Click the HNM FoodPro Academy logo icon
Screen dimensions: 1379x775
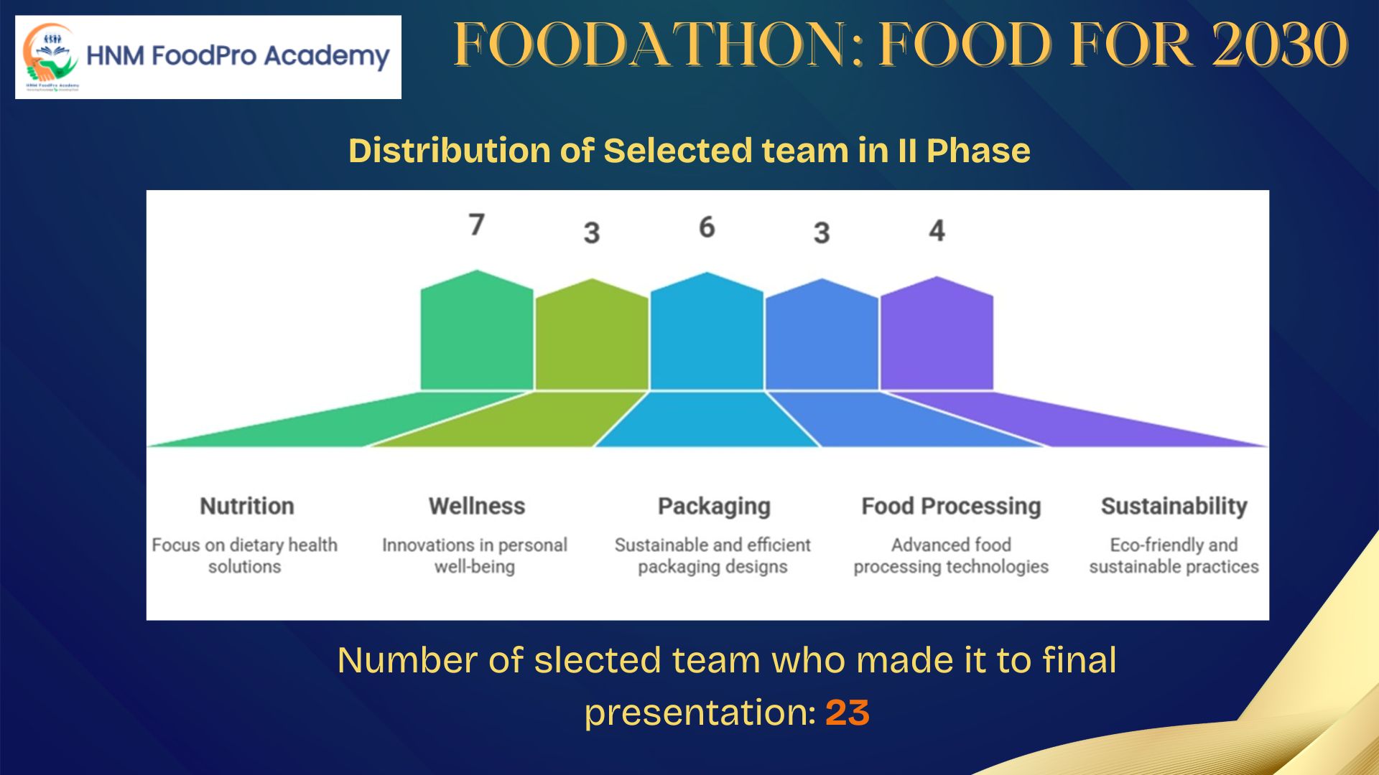[x=50, y=56]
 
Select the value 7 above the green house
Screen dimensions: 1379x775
[x=477, y=225]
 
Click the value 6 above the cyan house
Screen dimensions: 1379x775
[x=707, y=227]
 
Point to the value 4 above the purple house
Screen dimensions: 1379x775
[x=937, y=230]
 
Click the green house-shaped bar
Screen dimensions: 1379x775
[x=477, y=330]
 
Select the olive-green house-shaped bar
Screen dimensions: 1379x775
[x=592, y=334]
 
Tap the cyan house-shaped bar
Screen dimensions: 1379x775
[x=707, y=332]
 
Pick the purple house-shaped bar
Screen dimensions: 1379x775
[x=937, y=334]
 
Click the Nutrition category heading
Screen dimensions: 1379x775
[x=247, y=506]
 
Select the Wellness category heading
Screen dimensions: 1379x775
[x=477, y=506]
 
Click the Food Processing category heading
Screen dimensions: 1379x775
[x=951, y=507]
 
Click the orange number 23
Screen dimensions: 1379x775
[x=848, y=713]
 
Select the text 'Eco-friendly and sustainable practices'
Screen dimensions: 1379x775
[x=1174, y=556]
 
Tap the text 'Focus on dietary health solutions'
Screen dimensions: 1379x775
[x=245, y=556]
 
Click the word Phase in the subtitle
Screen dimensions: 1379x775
[x=978, y=151]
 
